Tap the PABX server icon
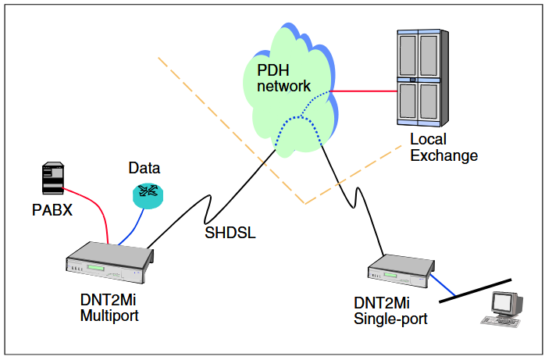coord(52,179)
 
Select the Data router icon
coord(148,194)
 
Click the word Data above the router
coord(144,168)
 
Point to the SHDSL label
coord(230,232)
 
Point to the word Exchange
coord(443,155)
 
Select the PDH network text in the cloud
coord(284,78)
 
